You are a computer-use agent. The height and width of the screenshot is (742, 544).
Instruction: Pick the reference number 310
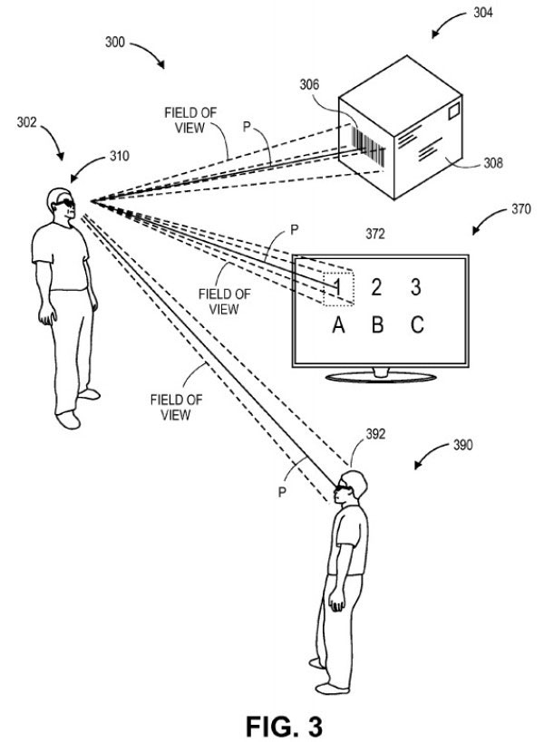coord(119,155)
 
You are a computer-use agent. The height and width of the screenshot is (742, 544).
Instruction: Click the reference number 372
coord(374,235)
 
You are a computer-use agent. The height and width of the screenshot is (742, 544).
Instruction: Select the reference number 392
coord(374,434)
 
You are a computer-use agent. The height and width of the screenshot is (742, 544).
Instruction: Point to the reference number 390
coord(462,446)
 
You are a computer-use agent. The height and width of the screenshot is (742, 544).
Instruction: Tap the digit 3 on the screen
coord(416,288)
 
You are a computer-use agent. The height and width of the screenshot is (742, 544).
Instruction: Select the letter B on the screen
coord(377,326)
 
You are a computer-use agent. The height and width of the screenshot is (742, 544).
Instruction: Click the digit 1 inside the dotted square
coord(337,287)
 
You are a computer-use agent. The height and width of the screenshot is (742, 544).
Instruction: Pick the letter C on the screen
coord(416,326)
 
